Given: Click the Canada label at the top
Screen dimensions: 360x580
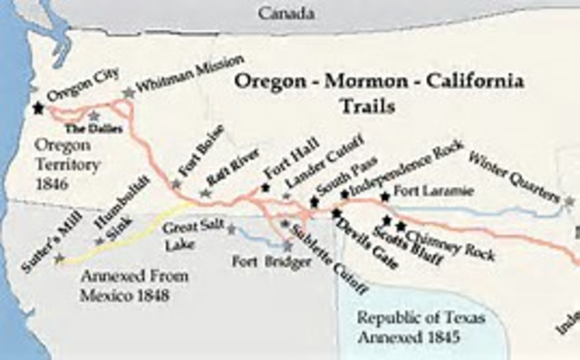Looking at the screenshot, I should (x=288, y=13).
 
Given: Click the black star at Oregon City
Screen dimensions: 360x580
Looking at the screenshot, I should (x=38, y=108).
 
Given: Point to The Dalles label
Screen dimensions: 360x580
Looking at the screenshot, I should (x=91, y=129).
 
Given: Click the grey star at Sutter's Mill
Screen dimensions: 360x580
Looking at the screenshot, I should (x=60, y=258).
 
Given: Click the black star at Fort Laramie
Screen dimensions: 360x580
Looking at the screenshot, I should (x=385, y=197).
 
